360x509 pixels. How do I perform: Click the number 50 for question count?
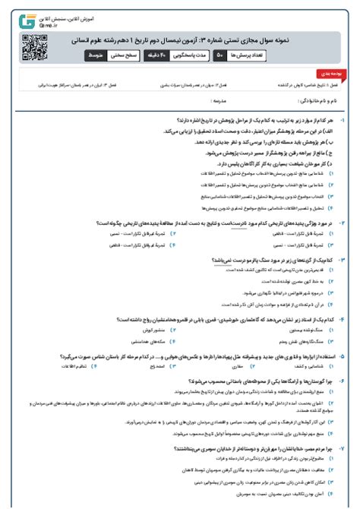220,55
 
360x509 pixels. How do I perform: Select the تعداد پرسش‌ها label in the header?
249,55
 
